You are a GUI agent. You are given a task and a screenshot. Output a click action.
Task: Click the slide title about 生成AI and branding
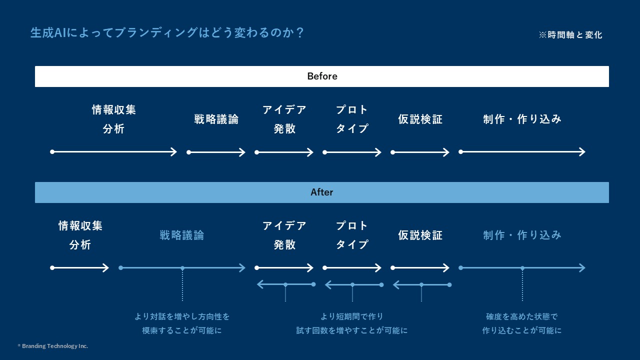[x=167, y=32]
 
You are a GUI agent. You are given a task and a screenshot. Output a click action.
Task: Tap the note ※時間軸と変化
[x=570, y=35]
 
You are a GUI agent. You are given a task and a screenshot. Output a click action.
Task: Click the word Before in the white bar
[x=322, y=76]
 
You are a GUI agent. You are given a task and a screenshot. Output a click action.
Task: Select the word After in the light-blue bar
[x=322, y=192]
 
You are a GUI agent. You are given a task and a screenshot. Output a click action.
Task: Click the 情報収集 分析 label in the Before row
[x=114, y=119]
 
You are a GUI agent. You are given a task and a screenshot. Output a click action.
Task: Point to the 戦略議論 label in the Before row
[x=216, y=119]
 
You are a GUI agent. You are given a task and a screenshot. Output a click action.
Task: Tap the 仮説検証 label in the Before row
[x=420, y=119]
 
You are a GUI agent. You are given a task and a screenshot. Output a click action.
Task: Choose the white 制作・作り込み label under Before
[x=522, y=119]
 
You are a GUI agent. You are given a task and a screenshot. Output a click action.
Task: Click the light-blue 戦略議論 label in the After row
[x=182, y=235]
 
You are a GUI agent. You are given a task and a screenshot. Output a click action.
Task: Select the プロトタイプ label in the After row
[x=352, y=235]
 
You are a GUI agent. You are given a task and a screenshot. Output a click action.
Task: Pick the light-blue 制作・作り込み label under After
[x=522, y=235]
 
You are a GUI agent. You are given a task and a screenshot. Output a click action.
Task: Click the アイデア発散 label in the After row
[x=284, y=235]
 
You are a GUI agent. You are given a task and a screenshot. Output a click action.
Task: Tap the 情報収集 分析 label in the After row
[x=80, y=235]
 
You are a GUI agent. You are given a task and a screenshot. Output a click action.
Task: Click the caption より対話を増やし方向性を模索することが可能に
[x=182, y=323]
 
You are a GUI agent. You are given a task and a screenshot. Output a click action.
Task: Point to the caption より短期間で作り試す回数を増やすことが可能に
[x=352, y=323]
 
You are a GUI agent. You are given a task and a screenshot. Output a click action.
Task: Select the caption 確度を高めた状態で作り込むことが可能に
[x=522, y=323]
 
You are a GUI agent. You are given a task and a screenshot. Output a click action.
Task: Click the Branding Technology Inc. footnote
[x=53, y=346]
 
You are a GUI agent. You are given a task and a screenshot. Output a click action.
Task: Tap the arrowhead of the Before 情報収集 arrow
[x=174, y=152]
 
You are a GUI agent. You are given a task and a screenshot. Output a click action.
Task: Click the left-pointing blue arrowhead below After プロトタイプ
[x=328, y=285]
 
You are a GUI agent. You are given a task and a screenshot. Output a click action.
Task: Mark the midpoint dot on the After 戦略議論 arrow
[x=182, y=268]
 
